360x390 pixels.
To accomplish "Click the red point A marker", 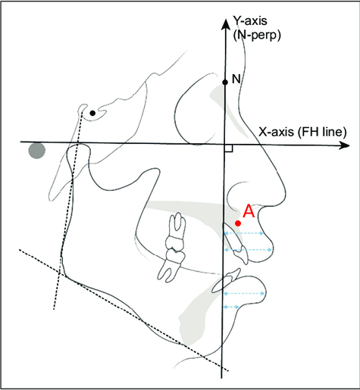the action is tap(238, 223).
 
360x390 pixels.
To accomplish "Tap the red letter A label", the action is tap(249, 211).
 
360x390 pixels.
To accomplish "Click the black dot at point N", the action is tap(225, 82).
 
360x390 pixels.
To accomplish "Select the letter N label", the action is tap(236, 80).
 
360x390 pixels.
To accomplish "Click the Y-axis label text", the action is tap(250, 20).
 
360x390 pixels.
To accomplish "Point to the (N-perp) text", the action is tap(257, 36).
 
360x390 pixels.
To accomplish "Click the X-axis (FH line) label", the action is tap(302, 132).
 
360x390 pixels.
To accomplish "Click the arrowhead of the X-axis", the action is tap(344, 145).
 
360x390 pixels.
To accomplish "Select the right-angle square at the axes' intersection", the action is tap(229, 148).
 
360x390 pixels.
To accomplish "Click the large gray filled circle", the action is tap(37, 151).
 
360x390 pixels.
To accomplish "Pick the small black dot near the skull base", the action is tap(92, 113).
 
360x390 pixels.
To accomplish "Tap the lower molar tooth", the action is tap(170, 264).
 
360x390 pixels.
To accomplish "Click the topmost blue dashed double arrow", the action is tap(244, 233).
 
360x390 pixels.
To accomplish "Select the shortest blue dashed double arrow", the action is tap(231, 307).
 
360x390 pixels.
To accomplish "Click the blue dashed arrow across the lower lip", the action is tap(244, 293).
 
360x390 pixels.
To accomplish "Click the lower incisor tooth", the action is tap(226, 281).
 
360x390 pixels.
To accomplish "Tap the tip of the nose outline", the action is tap(286, 194).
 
